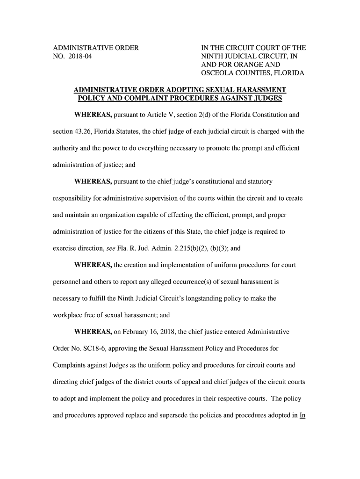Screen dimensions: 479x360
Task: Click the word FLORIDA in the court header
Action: [x=289, y=73]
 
